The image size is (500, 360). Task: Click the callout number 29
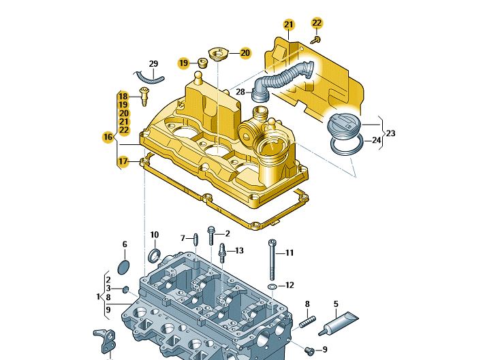point(153,64)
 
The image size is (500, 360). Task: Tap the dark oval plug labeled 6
point(123,265)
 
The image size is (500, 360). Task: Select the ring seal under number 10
point(155,256)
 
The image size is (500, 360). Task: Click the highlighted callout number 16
point(108,137)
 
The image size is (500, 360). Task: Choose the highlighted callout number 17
point(122,161)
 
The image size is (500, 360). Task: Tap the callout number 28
point(240,92)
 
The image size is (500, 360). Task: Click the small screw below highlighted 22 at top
point(315,40)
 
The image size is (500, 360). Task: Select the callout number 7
point(183,238)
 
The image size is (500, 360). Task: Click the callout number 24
point(376,141)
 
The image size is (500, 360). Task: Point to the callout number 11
point(289,253)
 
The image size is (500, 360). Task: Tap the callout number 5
point(336,304)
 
